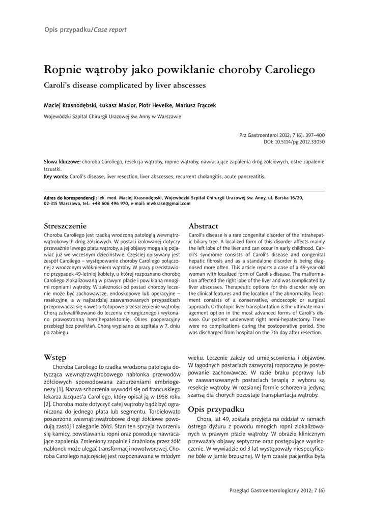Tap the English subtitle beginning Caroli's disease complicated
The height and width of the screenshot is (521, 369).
[x=125, y=85]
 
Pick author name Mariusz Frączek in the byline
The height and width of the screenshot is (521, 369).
[x=196, y=105]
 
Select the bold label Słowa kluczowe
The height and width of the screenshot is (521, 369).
[x=62, y=162]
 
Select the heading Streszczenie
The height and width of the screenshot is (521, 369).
[x=66, y=225]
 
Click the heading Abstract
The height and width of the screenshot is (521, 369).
[x=204, y=225]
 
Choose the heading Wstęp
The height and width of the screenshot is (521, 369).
[x=55, y=357]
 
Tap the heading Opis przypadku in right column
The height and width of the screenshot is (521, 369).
[x=216, y=409]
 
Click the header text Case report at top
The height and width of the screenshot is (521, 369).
[x=110, y=30]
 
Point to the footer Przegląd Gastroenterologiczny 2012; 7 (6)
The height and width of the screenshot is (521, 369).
[x=277, y=490]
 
